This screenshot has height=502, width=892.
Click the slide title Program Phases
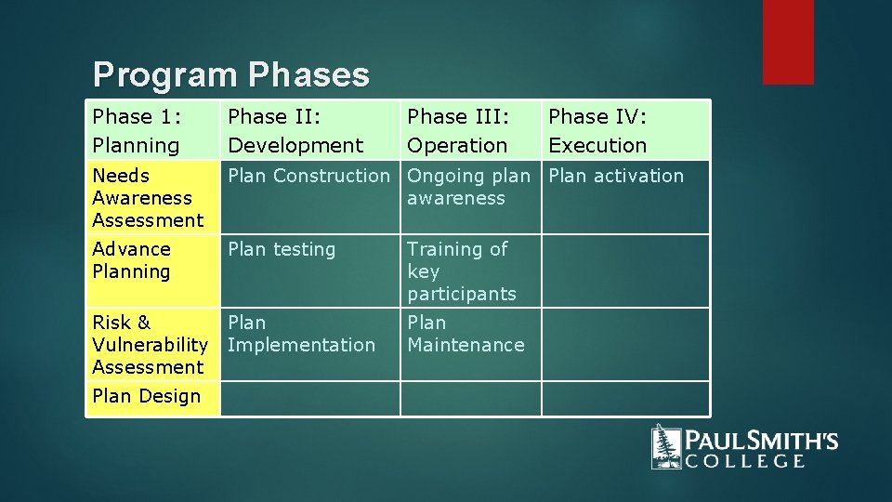231,75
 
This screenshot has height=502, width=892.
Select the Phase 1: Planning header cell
153,131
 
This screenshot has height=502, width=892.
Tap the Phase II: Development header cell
309,131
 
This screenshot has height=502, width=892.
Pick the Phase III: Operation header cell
470,131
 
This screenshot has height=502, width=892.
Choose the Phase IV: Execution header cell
624,131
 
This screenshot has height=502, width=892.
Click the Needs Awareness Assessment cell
153,197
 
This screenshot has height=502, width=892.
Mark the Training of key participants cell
470,271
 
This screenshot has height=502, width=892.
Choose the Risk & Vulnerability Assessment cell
153,344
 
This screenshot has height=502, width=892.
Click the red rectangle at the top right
788,42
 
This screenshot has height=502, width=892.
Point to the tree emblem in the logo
665,446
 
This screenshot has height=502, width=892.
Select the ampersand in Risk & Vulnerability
143,323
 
